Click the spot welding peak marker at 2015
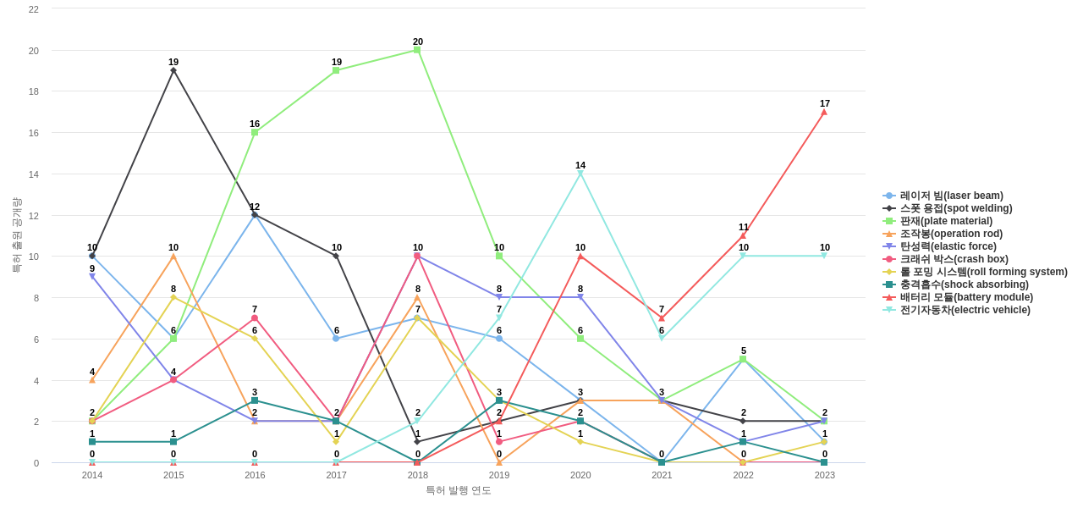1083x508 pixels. tap(173, 70)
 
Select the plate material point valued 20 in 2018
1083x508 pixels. tap(417, 50)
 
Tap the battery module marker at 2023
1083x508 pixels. tap(824, 112)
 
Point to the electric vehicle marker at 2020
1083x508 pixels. tap(580, 174)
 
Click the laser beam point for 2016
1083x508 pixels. tap(255, 215)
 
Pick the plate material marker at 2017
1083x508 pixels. tap(336, 70)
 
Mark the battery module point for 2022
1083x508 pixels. tap(743, 235)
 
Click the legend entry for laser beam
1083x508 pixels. tap(951, 196)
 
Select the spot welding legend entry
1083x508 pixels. tap(955, 208)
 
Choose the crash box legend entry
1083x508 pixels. tap(954, 259)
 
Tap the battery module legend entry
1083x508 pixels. tap(966, 297)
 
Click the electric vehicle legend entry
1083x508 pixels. tap(965, 310)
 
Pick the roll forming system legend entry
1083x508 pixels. tap(983, 272)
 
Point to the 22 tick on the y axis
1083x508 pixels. tap(34, 9)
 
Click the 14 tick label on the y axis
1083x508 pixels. tap(34, 174)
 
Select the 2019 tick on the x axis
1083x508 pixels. tap(499, 475)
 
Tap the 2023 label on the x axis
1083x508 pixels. tap(824, 475)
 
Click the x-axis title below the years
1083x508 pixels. tap(458, 490)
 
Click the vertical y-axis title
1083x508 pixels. tap(16, 235)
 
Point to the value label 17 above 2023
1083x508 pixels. tap(824, 103)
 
